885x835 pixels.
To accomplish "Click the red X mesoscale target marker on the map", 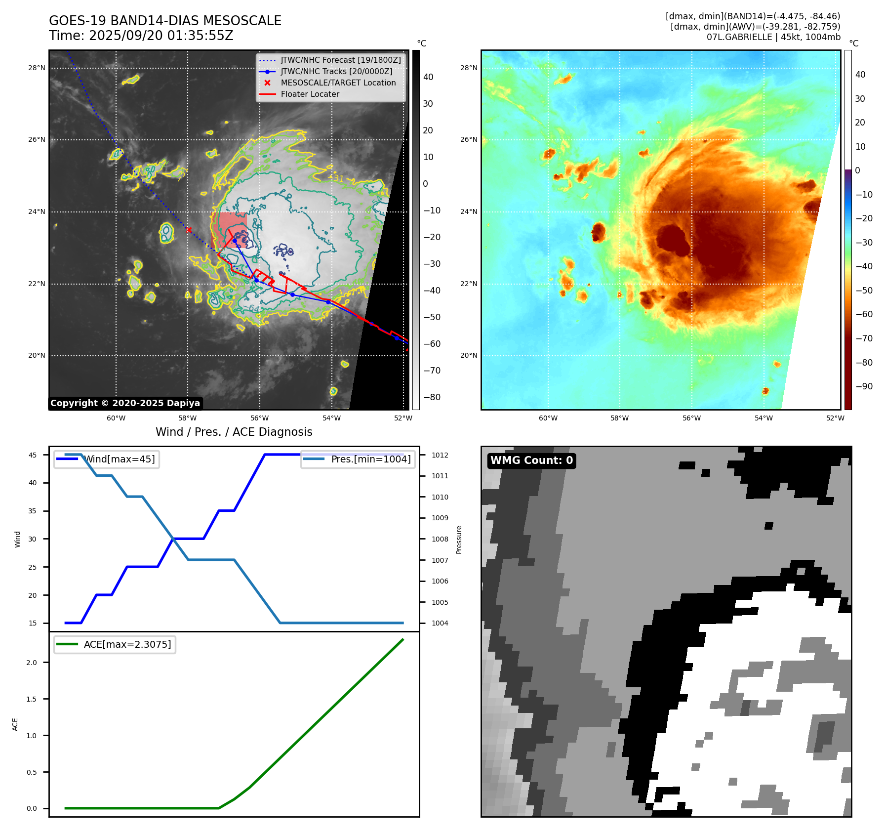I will (x=189, y=230).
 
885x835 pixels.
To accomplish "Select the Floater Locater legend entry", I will (x=310, y=94).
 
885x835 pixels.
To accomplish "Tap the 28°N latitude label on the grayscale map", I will (x=37, y=68).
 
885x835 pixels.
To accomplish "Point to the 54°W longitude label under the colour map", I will (x=764, y=418).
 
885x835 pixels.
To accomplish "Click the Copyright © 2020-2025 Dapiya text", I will (x=125, y=403).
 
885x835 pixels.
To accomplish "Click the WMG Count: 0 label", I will (x=531, y=460).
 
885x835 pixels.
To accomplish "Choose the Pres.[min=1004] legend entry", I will (x=370, y=459).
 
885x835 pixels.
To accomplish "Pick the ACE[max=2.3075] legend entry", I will (x=127, y=644).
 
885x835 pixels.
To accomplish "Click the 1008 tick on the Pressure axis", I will (x=440, y=539).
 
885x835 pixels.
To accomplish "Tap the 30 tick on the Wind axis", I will (x=33, y=539).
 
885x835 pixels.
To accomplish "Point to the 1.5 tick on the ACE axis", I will (x=32, y=699).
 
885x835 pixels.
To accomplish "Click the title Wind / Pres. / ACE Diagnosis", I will (x=234, y=432).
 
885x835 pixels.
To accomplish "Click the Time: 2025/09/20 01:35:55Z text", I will (x=141, y=36).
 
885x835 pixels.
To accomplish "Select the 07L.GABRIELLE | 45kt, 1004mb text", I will (x=773, y=37).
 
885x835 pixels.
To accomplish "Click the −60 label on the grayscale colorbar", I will (x=432, y=344).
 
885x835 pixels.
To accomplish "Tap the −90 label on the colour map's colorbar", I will (x=864, y=386).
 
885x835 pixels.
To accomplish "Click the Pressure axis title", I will (x=459, y=540).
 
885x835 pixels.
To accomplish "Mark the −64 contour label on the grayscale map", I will (x=251, y=308).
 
